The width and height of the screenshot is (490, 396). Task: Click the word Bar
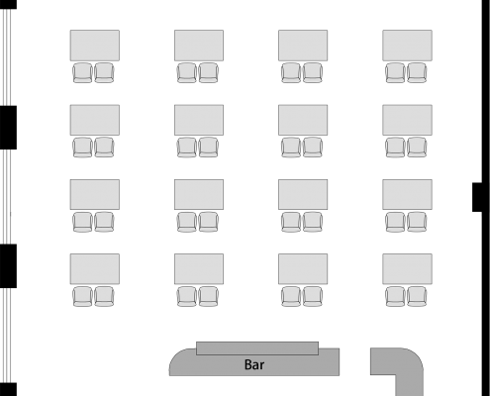point(254,364)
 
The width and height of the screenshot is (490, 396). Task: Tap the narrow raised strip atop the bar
point(257,348)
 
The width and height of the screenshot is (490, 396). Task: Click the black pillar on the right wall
point(477,197)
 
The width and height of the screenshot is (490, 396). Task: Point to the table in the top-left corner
point(95,46)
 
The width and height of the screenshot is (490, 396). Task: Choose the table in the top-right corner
point(407,46)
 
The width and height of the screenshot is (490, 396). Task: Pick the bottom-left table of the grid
point(95,269)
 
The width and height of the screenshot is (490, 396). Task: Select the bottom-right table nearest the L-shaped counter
point(407,269)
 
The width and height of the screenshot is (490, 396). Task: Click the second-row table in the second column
point(199,120)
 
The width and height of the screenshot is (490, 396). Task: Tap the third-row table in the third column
point(303,194)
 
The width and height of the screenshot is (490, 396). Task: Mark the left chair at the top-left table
point(82,72)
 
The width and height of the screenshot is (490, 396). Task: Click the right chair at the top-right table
point(417,72)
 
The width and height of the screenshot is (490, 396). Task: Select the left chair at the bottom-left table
point(82,296)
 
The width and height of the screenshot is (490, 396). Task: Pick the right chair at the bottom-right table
point(417,296)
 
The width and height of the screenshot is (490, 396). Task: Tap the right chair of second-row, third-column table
point(313,148)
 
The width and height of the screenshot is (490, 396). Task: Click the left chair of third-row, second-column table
point(187,222)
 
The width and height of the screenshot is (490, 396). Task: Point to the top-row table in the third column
point(303,46)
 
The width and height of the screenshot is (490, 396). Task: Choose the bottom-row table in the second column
point(199,269)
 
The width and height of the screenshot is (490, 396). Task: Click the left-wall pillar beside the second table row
point(8,128)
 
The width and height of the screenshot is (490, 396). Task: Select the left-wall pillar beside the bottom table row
point(8,266)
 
